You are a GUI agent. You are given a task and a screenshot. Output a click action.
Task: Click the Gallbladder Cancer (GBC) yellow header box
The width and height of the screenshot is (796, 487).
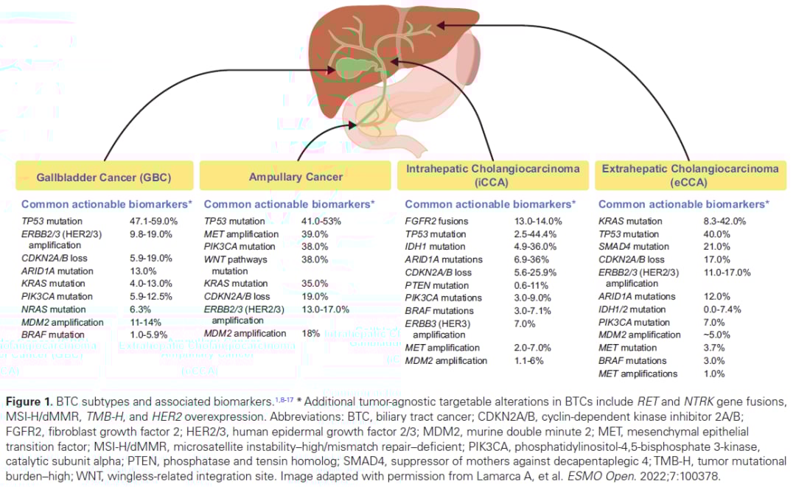(104, 177)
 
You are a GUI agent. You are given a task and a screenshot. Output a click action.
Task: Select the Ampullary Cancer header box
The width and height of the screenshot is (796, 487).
(295, 177)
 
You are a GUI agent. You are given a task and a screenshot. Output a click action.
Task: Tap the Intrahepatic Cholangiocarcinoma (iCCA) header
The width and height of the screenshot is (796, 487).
(493, 175)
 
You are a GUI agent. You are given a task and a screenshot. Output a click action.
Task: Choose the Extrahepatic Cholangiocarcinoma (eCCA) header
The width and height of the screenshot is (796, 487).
(690, 175)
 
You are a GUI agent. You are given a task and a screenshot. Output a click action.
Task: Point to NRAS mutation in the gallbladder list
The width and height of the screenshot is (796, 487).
(52, 309)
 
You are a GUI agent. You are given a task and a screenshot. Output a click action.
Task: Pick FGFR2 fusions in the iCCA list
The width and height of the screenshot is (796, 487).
(436, 221)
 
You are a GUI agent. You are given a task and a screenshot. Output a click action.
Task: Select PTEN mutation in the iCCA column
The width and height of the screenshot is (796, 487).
(436, 285)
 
